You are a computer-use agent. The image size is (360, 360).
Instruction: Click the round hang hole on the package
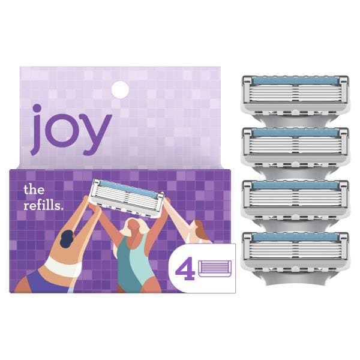pos(120,89)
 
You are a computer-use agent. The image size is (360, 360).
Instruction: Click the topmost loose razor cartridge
pos(295,97)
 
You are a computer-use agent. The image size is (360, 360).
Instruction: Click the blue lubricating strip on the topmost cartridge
pos(295,80)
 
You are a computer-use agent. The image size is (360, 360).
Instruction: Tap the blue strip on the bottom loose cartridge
pos(295,237)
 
